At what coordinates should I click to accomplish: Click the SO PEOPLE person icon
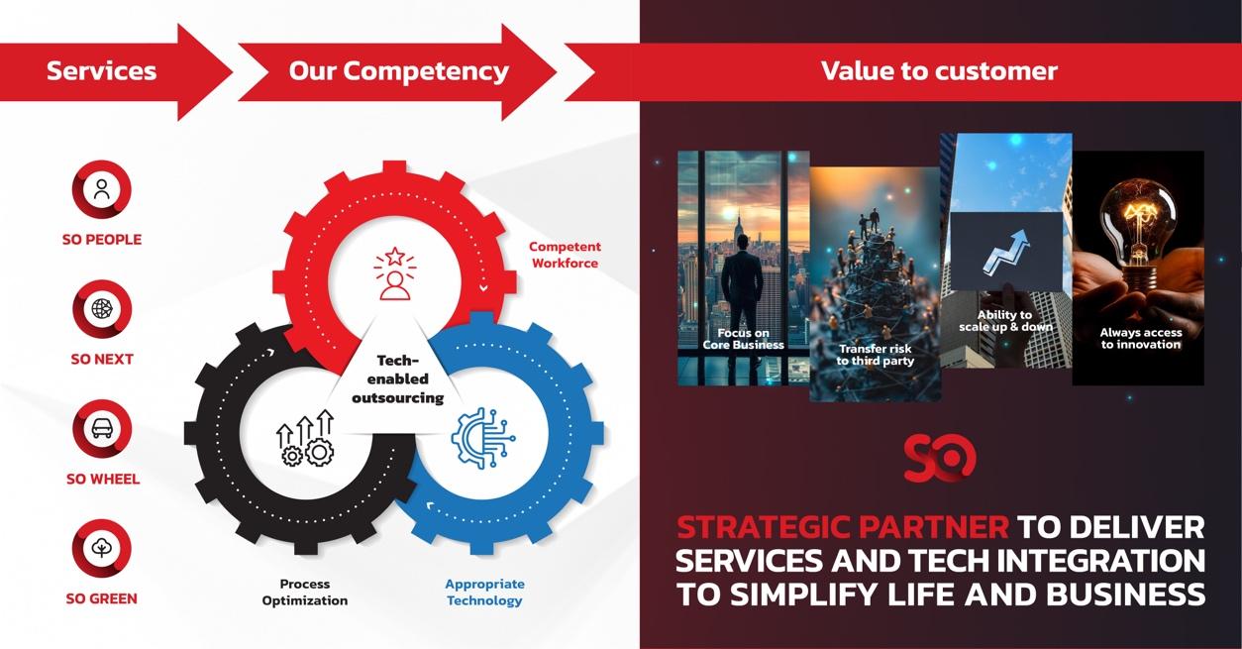pyautogui.click(x=102, y=190)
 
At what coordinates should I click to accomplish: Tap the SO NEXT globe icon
pyautogui.click(x=102, y=309)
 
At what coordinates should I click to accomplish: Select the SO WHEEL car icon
pyautogui.click(x=102, y=429)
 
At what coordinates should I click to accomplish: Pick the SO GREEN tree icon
pyautogui.click(x=102, y=548)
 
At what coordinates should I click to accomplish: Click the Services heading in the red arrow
pyautogui.click(x=101, y=71)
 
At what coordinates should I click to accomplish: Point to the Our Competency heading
pyautogui.click(x=398, y=71)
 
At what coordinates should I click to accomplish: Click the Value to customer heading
pyautogui.click(x=938, y=71)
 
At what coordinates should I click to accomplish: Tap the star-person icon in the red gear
pyautogui.click(x=394, y=273)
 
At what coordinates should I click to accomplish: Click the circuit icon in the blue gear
pyautogui.click(x=483, y=438)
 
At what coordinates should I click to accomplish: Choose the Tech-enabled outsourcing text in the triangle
pyautogui.click(x=398, y=379)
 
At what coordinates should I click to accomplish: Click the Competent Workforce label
pyautogui.click(x=565, y=255)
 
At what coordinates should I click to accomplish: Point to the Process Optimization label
pyautogui.click(x=305, y=593)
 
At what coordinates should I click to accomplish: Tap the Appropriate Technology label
pyautogui.click(x=484, y=593)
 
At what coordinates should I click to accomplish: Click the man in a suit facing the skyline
pyautogui.click(x=742, y=287)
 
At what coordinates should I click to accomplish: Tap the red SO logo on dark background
pyautogui.click(x=939, y=458)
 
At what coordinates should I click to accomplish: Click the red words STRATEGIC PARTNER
pyautogui.click(x=842, y=527)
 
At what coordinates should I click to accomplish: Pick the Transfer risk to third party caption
pyautogui.click(x=875, y=355)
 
